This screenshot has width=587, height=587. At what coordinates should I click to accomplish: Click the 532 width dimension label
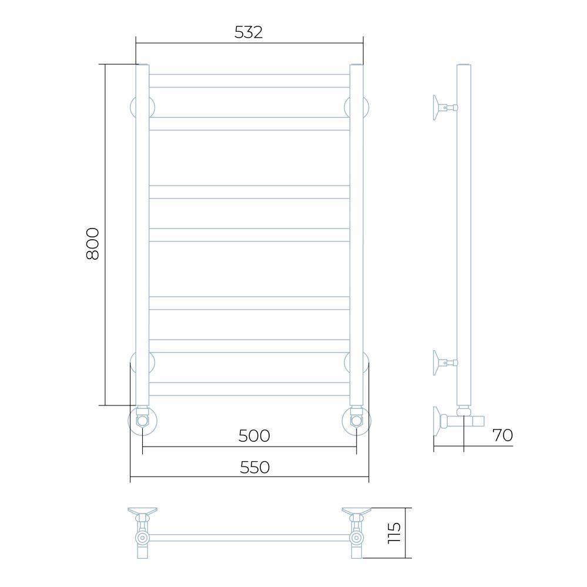249,32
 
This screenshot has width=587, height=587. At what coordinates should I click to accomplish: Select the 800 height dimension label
92,244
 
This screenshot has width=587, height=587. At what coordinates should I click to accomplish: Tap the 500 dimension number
254,436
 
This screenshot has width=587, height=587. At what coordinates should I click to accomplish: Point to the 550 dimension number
254,467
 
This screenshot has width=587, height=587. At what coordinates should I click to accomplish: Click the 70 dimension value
502,435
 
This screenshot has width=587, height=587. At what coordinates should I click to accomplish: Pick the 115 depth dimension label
394,533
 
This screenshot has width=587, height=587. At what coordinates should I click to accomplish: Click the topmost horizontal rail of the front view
249,81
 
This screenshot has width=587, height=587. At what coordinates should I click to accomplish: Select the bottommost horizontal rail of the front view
249,389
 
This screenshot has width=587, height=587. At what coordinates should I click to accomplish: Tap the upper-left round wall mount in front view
142,107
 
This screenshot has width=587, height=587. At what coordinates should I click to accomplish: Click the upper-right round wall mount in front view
357,107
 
